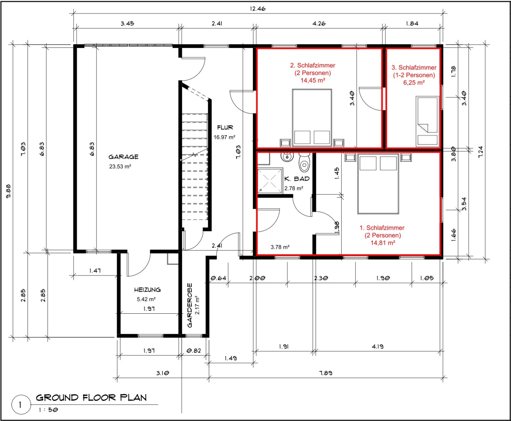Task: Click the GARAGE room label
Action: (123, 157)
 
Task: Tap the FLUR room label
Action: (225, 127)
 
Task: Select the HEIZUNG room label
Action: (147, 290)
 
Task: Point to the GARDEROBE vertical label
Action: (190, 306)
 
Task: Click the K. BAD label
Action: (297, 179)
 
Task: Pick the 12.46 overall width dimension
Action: (258, 9)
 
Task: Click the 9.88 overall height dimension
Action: (8, 191)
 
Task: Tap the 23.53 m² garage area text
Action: (120, 167)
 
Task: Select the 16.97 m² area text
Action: (224, 137)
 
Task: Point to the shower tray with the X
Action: (270, 181)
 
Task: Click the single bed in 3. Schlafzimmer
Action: (427, 121)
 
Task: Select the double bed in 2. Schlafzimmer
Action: (312, 118)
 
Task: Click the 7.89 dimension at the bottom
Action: (326, 373)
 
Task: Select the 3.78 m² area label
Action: (280, 247)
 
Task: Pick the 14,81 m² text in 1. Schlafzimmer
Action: (383, 243)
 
